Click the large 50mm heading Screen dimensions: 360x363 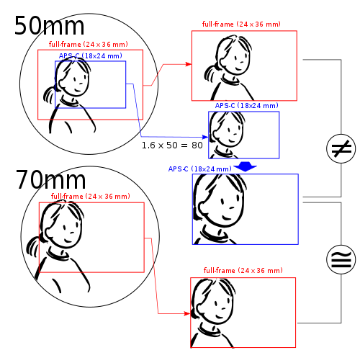[x=49, y=26]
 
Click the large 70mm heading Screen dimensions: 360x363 [x=50, y=179]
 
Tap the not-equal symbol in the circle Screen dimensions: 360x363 [x=341, y=149]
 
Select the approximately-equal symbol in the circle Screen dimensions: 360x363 [x=341, y=260]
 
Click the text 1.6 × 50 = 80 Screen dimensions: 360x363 [x=172, y=145]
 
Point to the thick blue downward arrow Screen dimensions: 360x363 [x=245, y=166]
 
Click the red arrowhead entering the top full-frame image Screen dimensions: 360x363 [x=189, y=64]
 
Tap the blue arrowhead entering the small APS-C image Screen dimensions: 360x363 [x=205, y=137]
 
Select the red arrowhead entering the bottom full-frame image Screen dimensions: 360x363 [x=187, y=313]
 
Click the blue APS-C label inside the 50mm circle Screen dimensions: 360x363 [x=91, y=56]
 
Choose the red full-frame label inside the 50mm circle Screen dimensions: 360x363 [x=89, y=44]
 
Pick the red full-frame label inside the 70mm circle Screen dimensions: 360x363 [x=91, y=196]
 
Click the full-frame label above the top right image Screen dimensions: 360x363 [x=241, y=24]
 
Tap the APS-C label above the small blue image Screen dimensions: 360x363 [x=247, y=105]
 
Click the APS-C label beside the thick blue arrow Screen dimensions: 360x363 [x=200, y=169]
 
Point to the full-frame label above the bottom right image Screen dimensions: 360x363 [x=243, y=270]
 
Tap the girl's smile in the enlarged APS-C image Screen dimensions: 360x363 [x=227, y=218]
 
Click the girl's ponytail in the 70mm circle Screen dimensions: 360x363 [x=33, y=246]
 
